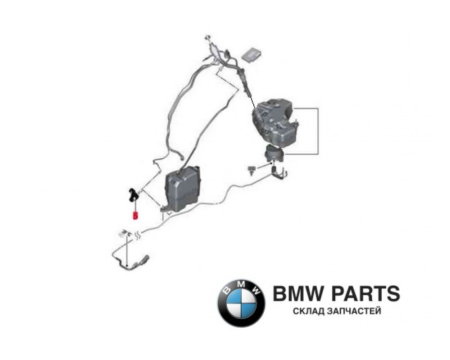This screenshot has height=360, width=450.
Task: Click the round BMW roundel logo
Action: (x=241, y=300)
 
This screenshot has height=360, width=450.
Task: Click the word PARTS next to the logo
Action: (x=367, y=294)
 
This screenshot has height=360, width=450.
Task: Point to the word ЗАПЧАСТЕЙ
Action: (x=356, y=311)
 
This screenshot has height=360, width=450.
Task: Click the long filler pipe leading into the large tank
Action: (x=245, y=85)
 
